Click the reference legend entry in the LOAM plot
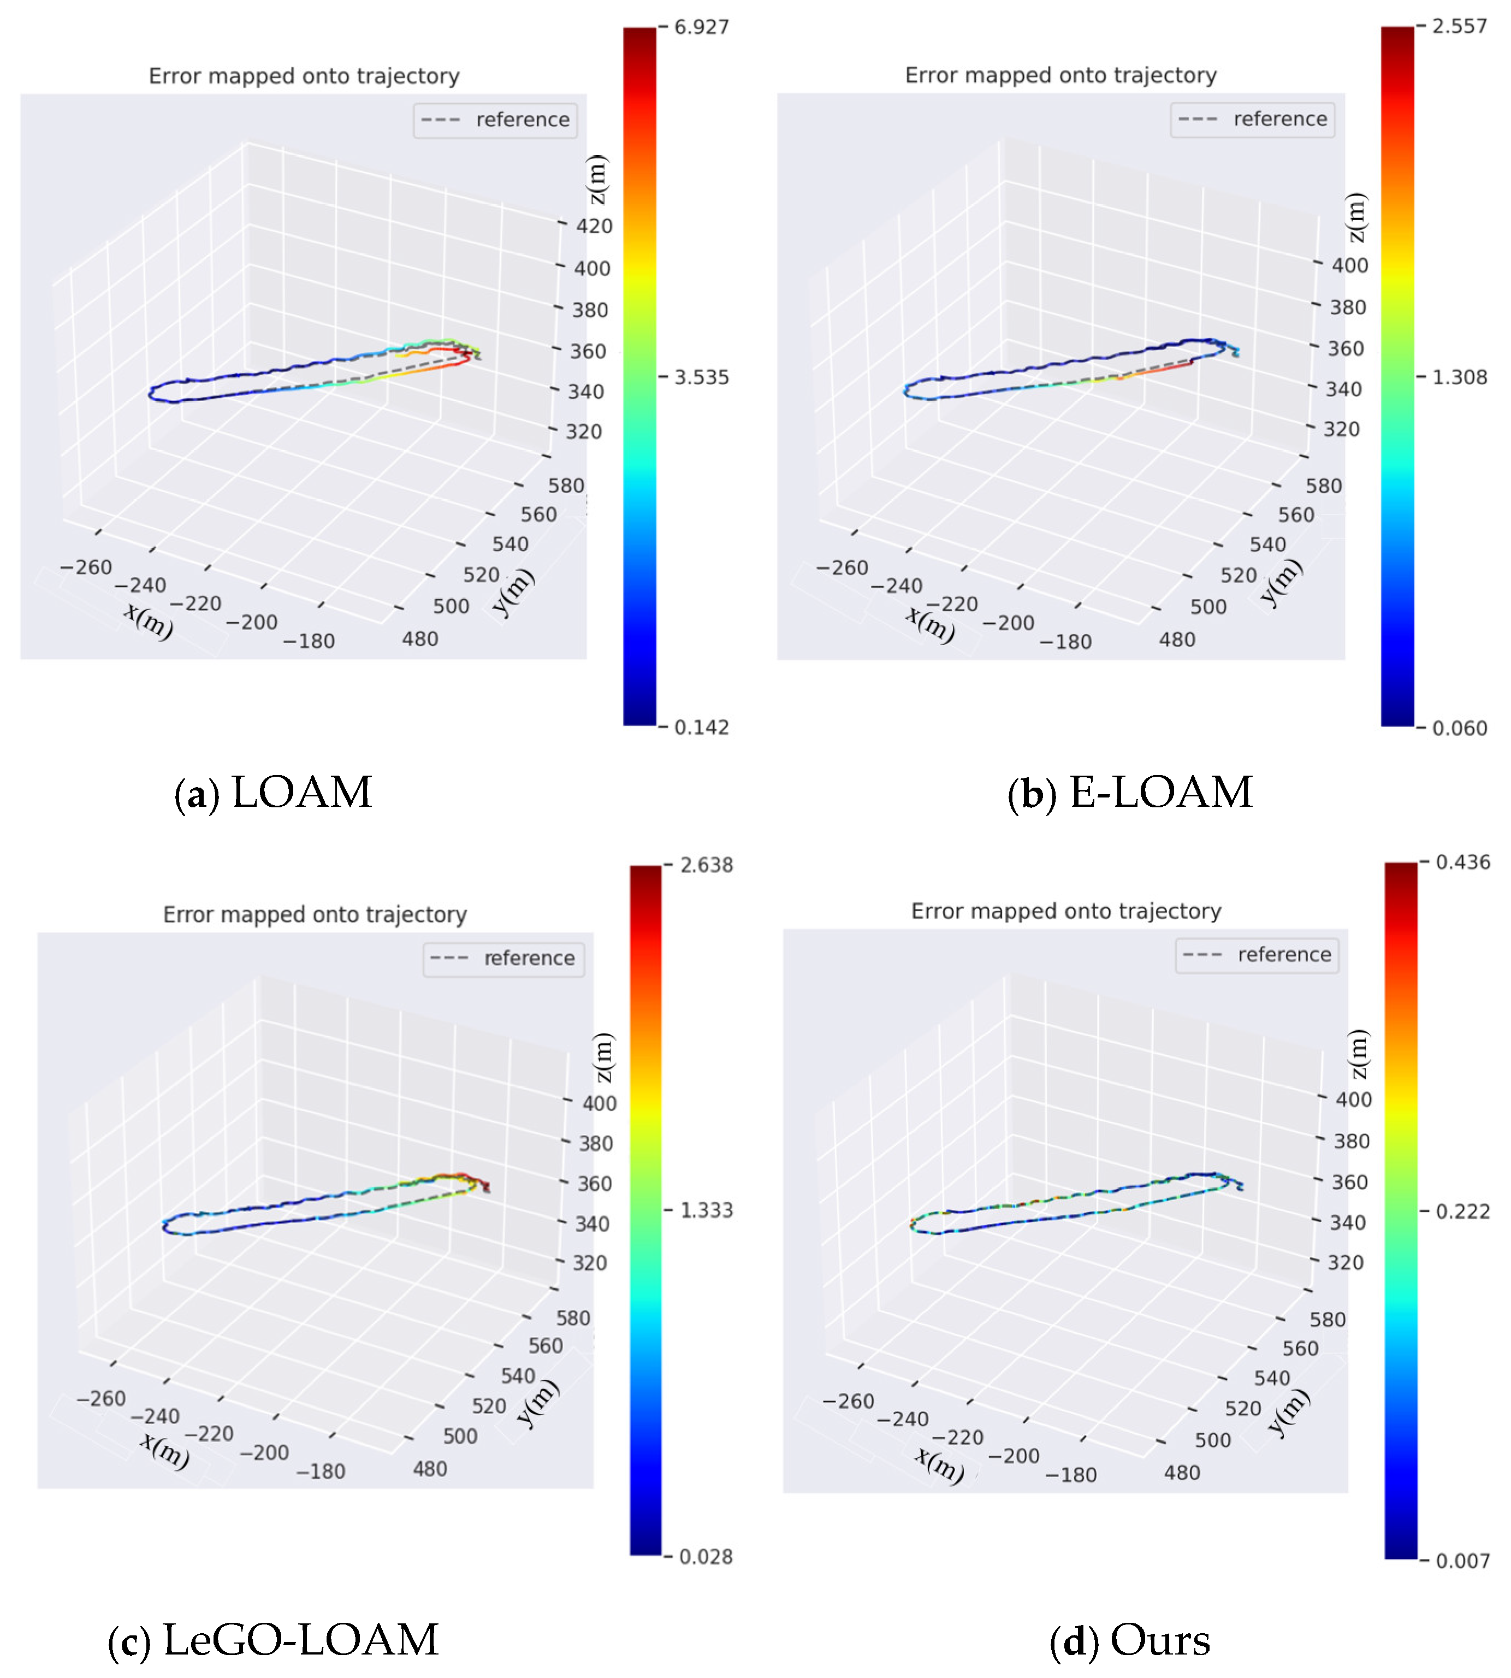[496, 120]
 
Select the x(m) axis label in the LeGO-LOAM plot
[164, 1450]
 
